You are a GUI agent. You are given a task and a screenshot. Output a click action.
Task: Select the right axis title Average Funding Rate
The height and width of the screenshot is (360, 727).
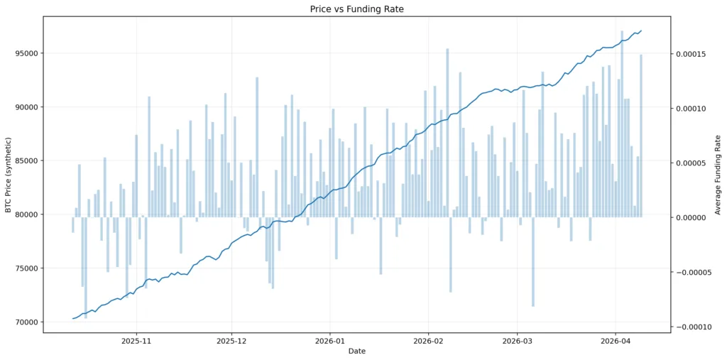(x=718, y=174)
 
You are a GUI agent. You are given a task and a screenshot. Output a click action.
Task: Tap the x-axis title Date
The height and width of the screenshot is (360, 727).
(x=356, y=351)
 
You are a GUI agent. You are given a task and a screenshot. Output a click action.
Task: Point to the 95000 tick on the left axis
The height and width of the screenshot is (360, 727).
(x=26, y=53)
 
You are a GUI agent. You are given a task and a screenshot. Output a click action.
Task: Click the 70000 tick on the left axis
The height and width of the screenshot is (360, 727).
(x=26, y=322)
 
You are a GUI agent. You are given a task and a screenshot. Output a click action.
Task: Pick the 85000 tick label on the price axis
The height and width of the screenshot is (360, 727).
(x=26, y=160)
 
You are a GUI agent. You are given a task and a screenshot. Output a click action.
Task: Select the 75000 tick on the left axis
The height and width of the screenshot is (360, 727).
(x=26, y=268)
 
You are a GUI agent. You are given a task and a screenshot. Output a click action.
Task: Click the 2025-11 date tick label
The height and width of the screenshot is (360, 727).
(x=136, y=341)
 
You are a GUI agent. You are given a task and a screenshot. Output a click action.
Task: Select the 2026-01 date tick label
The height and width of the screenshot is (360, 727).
(x=329, y=341)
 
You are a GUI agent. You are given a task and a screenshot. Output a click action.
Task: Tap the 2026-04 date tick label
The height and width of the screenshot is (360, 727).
(x=615, y=341)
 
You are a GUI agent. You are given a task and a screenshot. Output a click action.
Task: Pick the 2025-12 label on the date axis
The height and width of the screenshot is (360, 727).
(x=231, y=341)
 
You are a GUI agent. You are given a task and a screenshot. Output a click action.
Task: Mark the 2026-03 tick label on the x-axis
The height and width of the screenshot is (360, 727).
(x=517, y=341)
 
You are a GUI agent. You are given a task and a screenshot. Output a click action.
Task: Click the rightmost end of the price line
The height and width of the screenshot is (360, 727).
(x=641, y=31)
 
